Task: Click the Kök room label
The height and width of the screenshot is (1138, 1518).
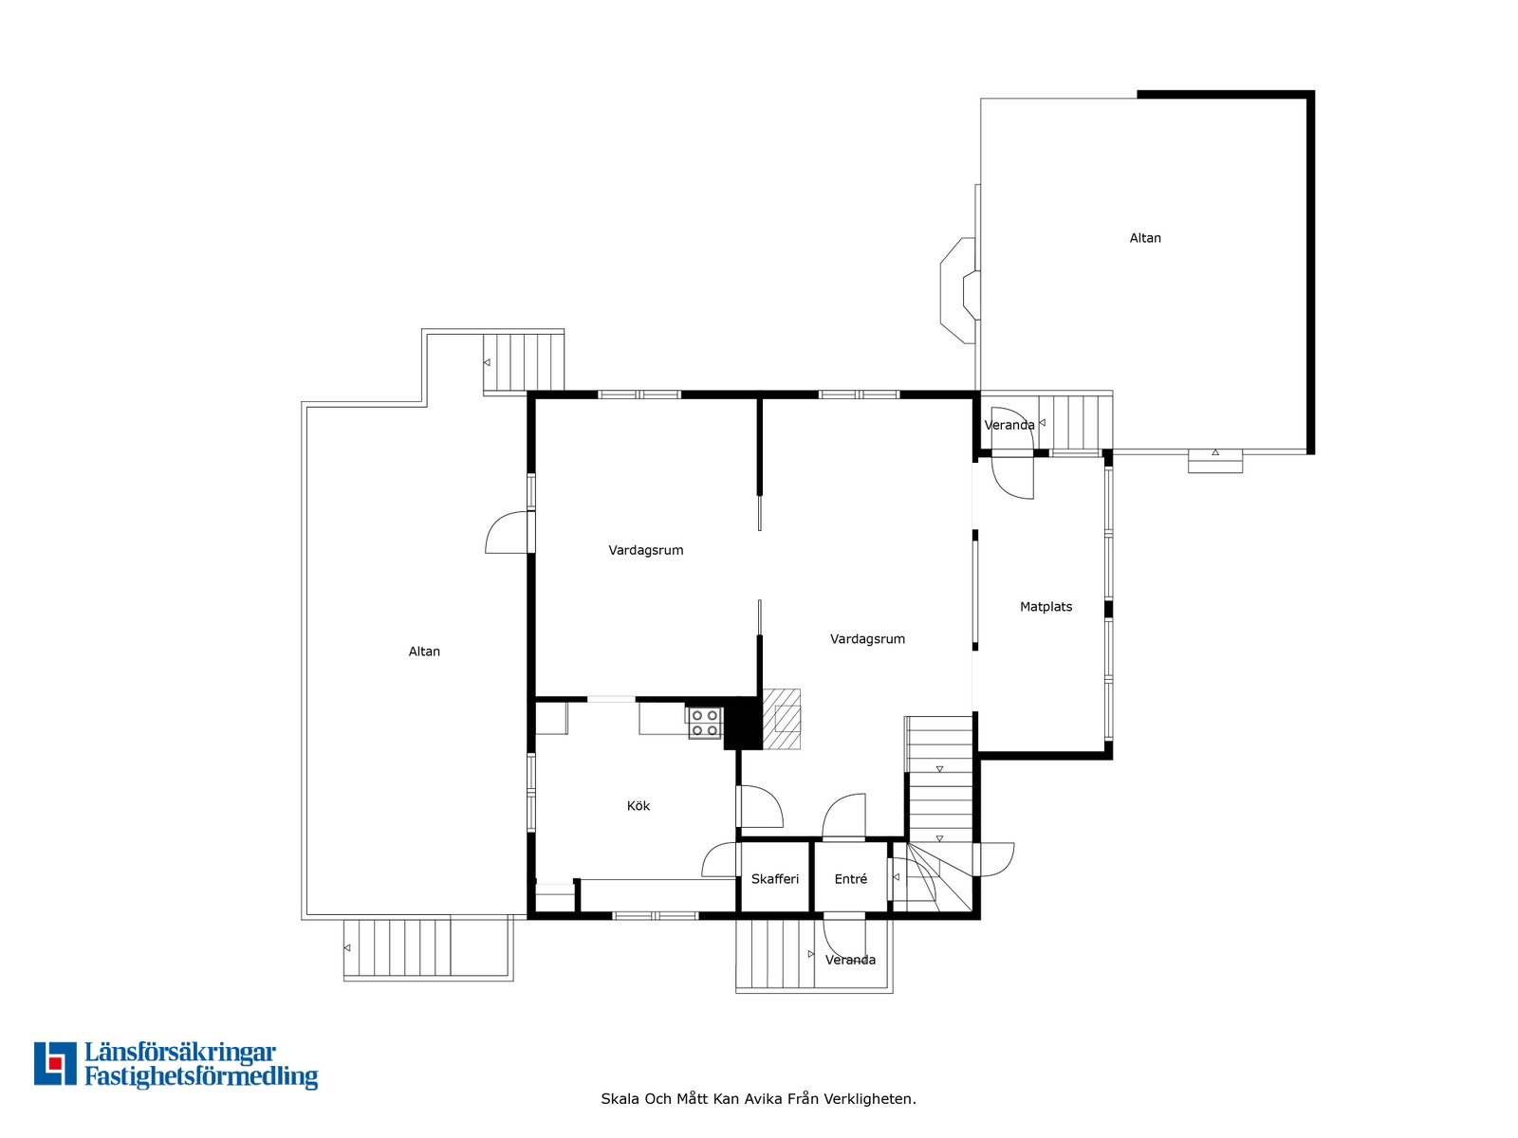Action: [638, 806]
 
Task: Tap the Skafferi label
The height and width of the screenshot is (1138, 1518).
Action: [774, 879]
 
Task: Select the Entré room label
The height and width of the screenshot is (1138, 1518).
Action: [850, 879]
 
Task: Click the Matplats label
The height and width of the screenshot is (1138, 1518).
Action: [1046, 607]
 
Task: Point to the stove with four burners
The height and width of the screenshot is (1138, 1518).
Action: [704, 723]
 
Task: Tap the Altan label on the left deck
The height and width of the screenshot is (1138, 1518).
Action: [424, 652]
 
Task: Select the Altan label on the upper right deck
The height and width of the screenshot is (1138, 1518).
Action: [1144, 238]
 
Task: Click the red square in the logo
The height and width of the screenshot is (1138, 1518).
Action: [55, 1063]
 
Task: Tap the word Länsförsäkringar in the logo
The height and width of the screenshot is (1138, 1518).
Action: [180, 1053]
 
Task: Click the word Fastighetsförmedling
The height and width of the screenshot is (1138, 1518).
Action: [201, 1076]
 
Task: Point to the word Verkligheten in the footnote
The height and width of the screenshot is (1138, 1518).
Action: [868, 1099]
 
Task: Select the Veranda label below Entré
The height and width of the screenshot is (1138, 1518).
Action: [850, 960]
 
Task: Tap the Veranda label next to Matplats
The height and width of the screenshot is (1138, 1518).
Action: [1009, 425]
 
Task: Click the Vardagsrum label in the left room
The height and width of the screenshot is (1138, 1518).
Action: [645, 550]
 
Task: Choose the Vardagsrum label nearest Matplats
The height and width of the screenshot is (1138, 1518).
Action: [867, 639]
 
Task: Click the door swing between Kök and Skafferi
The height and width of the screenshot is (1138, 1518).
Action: [720, 860]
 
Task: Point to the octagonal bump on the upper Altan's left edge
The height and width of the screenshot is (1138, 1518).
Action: [958, 290]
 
